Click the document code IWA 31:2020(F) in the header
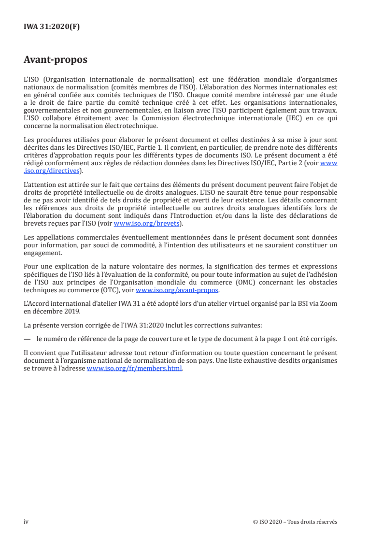52,27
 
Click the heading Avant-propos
56,60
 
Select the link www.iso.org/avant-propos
177,290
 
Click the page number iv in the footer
27,522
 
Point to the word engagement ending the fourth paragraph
43,253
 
